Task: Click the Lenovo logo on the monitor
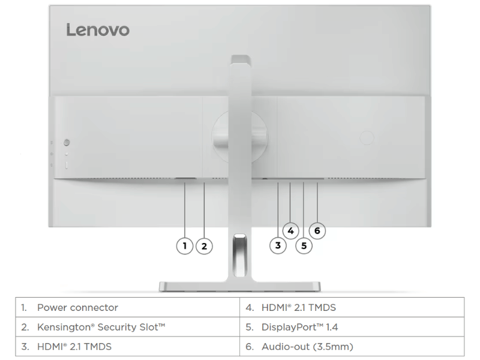[98, 30]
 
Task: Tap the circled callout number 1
[185, 246]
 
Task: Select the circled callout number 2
[204, 246]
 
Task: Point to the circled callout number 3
[278, 245]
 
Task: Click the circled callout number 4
[291, 230]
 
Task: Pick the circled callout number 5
[304, 246]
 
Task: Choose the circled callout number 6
[317, 230]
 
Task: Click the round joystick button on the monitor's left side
[67, 142]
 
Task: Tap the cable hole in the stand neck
[239, 254]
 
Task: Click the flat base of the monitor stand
[239, 287]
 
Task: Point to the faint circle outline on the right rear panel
[367, 137]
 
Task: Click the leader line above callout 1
[185, 210]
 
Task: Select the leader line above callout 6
[317, 202]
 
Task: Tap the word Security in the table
[116, 327]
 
